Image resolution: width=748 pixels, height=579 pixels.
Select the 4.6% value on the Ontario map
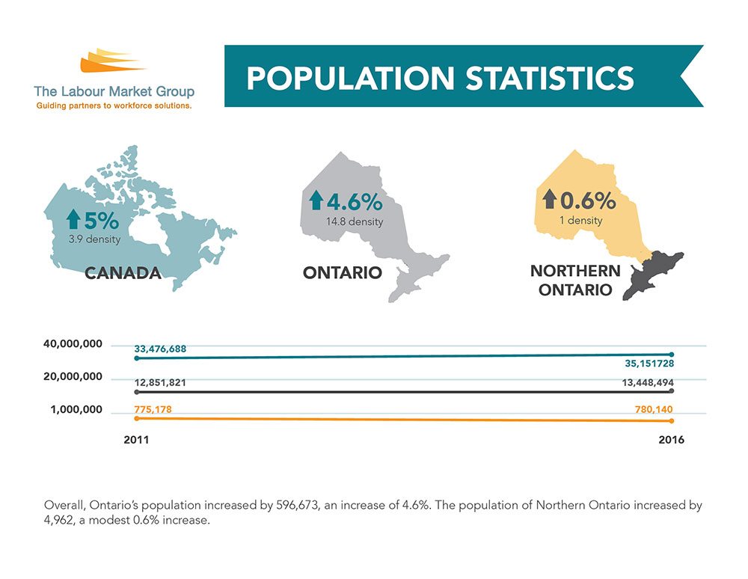point(353,202)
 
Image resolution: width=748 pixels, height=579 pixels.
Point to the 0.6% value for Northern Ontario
point(588,200)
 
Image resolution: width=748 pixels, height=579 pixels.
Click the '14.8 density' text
point(355,222)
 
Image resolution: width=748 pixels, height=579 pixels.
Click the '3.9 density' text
point(93,239)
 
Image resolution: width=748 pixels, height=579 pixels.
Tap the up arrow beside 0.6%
point(550,200)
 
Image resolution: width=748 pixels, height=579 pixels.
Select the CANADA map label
point(123,273)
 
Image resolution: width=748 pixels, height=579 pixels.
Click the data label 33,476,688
point(161,349)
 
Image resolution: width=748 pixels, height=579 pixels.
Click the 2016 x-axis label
point(670,440)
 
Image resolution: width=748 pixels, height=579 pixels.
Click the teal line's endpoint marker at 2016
point(672,355)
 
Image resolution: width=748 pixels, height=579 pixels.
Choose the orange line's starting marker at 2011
point(136,418)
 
